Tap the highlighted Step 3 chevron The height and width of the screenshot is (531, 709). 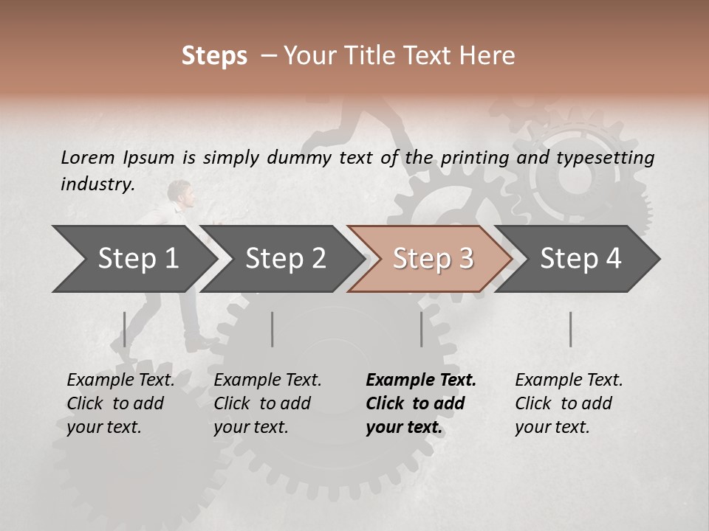(x=432, y=259)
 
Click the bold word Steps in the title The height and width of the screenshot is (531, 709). (x=214, y=56)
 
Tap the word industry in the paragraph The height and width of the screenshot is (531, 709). (x=97, y=184)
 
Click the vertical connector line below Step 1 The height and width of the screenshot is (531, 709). (x=125, y=329)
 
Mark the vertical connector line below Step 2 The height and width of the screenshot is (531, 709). (x=273, y=329)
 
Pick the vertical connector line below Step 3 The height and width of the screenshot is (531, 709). (x=422, y=329)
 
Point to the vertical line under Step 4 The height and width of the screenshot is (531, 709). (x=571, y=329)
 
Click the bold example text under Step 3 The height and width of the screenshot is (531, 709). (x=419, y=403)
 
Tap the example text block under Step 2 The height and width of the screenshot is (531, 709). (x=267, y=403)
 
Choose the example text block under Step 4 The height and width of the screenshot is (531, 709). (x=568, y=403)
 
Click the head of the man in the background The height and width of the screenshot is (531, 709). (x=179, y=191)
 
